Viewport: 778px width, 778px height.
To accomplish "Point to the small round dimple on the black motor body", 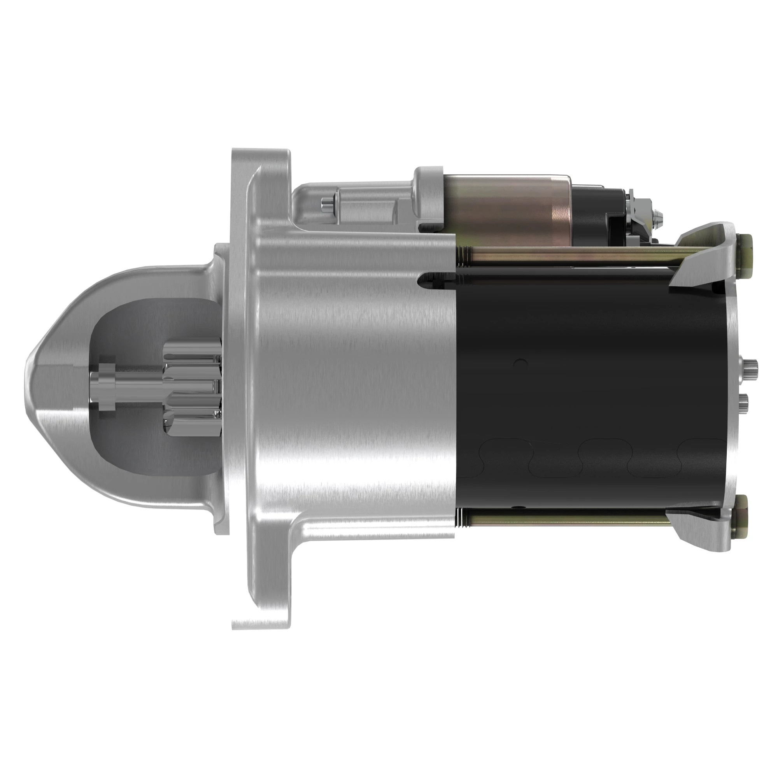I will click(522, 364).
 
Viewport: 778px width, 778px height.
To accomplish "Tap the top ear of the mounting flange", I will click(262, 169).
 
